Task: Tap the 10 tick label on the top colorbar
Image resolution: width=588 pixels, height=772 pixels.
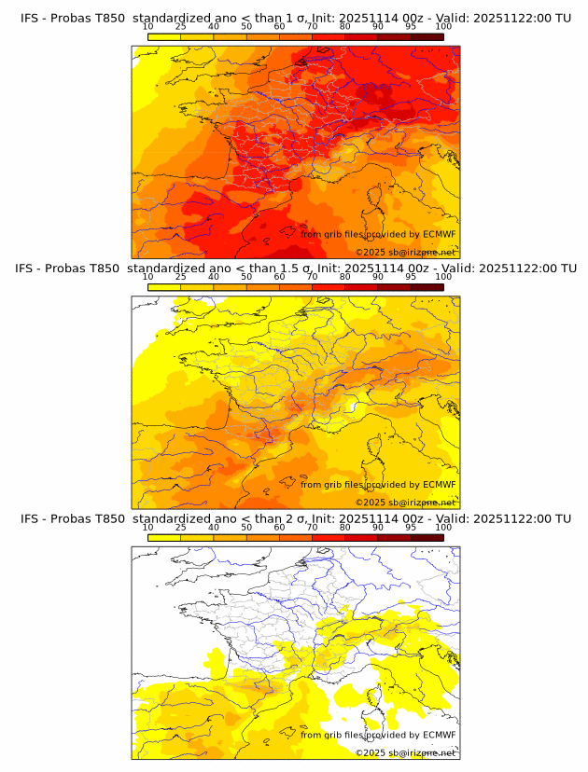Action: click(148, 27)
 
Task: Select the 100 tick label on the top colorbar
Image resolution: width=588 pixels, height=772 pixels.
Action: click(443, 27)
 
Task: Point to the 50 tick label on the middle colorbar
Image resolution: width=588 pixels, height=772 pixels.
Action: click(246, 277)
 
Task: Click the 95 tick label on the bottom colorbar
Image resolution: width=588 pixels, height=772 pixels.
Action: click(411, 527)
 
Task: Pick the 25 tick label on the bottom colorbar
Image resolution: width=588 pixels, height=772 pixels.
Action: click(180, 527)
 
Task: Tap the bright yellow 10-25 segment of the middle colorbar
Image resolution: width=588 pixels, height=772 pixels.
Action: click(164, 286)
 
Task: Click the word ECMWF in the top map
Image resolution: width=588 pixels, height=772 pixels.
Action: click(439, 235)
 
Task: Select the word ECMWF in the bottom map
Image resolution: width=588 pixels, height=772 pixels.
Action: click(439, 735)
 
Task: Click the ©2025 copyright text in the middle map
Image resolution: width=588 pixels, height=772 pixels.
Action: click(370, 503)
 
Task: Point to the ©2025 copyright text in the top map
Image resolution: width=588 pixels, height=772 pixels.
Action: click(370, 253)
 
